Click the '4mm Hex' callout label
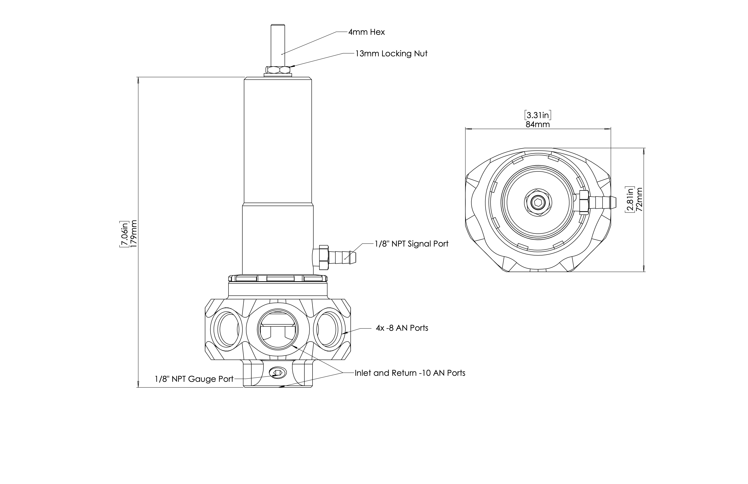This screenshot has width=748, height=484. tap(367, 32)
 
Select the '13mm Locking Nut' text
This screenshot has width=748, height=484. tap(391, 54)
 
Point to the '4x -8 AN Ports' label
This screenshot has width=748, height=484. tap(402, 328)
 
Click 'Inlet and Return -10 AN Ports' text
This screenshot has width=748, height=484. tap(410, 373)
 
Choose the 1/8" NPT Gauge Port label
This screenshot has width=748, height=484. tap(194, 379)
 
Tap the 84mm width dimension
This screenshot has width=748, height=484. tap(538, 125)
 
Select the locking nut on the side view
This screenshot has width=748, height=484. tap(278, 70)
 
